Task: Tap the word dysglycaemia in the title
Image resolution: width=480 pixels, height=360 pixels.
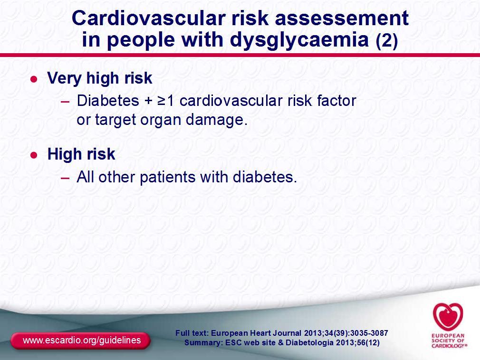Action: pos(299,40)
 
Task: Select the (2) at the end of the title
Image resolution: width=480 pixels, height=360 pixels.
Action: pos(387,40)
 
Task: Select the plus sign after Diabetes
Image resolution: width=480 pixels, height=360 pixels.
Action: pos(148,101)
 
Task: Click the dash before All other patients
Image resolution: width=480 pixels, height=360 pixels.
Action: pos(65,178)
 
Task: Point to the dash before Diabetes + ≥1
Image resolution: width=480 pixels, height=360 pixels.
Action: pos(65,102)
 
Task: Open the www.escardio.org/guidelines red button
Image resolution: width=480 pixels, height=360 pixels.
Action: pos(80,341)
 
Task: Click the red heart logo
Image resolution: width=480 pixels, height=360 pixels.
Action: pos(448,316)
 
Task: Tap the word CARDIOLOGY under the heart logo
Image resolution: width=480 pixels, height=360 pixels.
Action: pos(449,346)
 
